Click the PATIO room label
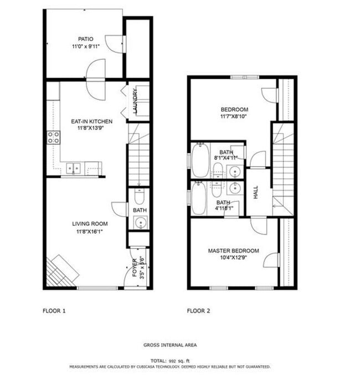click(x=85, y=39)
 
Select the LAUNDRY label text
click(x=135, y=101)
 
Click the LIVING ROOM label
click(x=90, y=224)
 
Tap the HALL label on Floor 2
click(x=256, y=192)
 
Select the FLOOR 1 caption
click(x=54, y=311)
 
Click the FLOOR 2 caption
click(x=198, y=311)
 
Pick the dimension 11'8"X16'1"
click(x=90, y=231)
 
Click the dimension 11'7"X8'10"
click(x=235, y=117)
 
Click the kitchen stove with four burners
click(x=54, y=137)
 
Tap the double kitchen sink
click(x=74, y=168)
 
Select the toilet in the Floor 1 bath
click(x=139, y=197)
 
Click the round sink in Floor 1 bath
click(x=139, y=223)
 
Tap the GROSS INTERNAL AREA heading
click(x=170, y=345)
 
